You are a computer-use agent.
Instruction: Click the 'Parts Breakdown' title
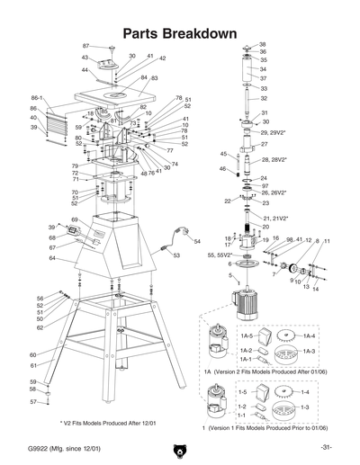pyautogui.click(x=179, y=33)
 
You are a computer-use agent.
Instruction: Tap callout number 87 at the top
pyautogui.click(x=86, y=45)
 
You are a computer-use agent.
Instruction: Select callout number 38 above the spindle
pyautogui.click(x=262, y=44)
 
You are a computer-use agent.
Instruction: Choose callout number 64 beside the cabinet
pyautogui.click(x=53, y=258)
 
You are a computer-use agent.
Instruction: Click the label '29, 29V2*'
pyautogui.click(x=273, y=132)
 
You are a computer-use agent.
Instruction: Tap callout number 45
pyautogui.click(x=223, y=154)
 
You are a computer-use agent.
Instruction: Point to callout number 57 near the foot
pyautogui.click(x=32, y=403)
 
